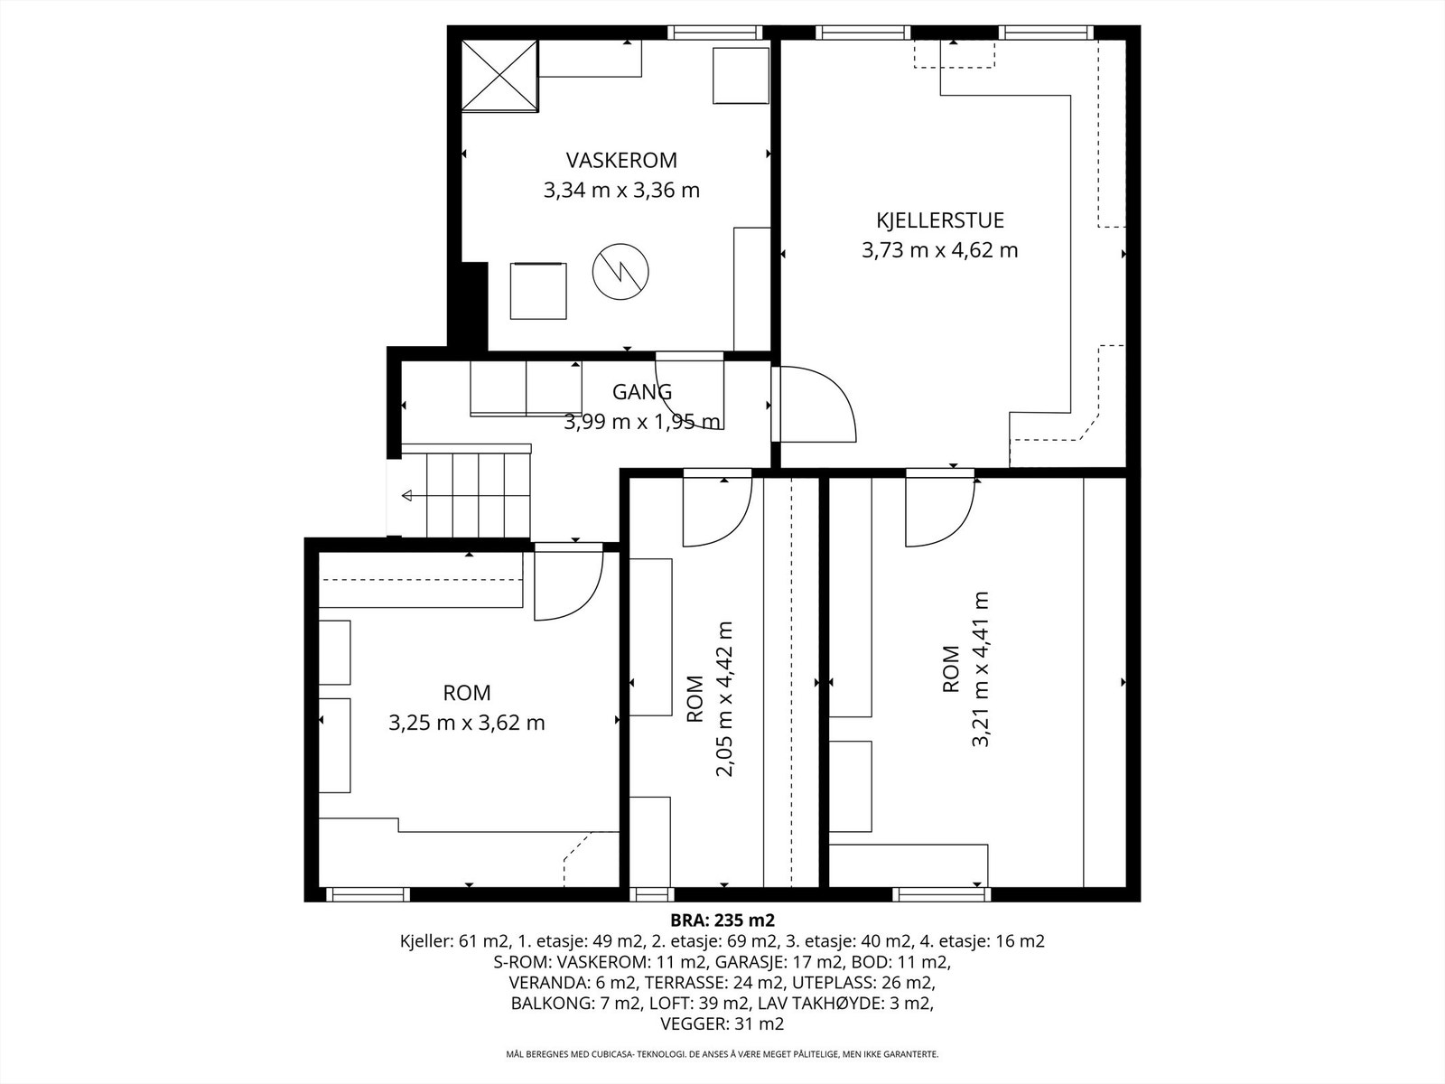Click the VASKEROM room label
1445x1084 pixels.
(x=621, y=160)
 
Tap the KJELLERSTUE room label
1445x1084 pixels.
(x=940, y=220)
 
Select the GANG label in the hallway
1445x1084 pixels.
(x=642, y=392)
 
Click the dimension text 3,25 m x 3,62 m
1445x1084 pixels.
(x=467, y=723)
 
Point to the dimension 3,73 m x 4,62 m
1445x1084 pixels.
(x=940, y=250)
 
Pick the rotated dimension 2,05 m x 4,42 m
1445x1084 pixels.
(x=724, y=699)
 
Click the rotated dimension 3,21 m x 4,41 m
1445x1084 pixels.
(x=980, y=668)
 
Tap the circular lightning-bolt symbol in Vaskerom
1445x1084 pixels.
(x=620, y=271)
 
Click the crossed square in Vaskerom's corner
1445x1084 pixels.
(x=499, y=76)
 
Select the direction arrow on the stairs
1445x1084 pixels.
(x=406, y=496)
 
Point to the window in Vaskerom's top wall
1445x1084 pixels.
(x=715, y=33)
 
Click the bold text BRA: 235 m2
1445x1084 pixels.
(x=722, y=920)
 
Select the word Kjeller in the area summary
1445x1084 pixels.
(x=422, y=941)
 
